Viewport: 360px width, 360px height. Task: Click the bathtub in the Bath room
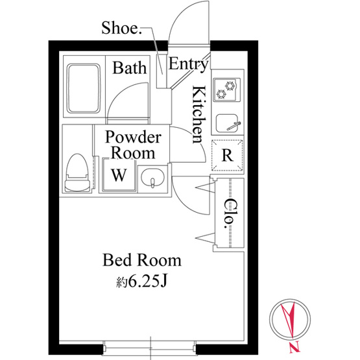tap(84, 89)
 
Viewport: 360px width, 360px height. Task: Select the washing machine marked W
tap(119, 174)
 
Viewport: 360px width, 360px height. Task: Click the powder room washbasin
tap(152, 178)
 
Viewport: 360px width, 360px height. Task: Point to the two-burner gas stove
tap(227, 90)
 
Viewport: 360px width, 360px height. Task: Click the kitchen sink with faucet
tap(228, 123)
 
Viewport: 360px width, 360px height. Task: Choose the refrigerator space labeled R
tap(227, 155)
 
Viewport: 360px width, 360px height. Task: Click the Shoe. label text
tap(121, 28)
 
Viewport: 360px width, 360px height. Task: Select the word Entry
tap(188, 64)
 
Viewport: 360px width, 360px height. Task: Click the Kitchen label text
tap(198, 115)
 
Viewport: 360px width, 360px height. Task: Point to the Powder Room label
tap(133, 145)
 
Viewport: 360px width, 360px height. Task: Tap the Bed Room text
tap(141, 260)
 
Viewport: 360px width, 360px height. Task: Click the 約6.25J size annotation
tap(141, 282)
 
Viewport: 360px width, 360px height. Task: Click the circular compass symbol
tap(290, 319)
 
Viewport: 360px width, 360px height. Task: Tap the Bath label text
tap(130, 67)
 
